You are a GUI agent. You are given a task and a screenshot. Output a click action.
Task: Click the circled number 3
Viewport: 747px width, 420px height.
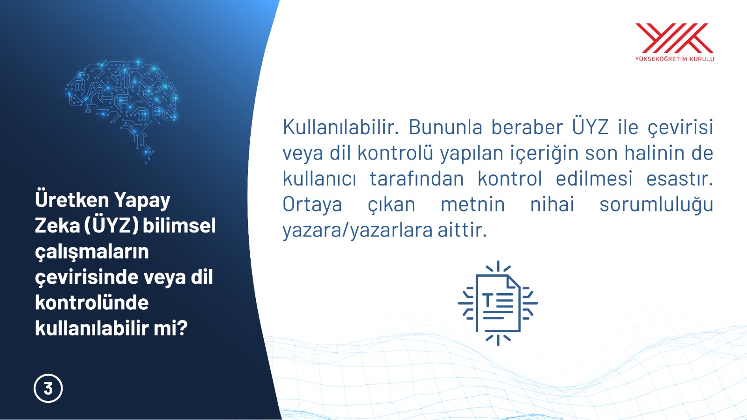click(x=48, y=388)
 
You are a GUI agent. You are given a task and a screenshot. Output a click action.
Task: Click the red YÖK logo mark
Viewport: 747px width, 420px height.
click(x=674, y=38)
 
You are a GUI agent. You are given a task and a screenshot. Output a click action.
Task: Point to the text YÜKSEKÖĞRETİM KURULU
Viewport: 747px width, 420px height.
click(x=674, y=59)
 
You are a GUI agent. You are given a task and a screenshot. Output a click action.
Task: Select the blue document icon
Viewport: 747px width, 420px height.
click(x=498, y=303)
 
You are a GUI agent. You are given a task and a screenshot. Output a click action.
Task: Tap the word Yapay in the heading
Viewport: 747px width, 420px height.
click(x=142, y=200)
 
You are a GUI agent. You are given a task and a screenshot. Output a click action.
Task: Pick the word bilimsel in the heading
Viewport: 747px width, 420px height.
click(x=179, y=225)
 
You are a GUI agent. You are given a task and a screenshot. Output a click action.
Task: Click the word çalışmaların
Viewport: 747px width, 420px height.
click(x=92, y=252)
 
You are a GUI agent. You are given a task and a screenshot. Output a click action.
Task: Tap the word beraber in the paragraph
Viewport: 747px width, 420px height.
click(x=527, y=127)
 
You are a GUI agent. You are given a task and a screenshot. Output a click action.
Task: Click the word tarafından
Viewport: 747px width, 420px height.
click(x=417, y=179)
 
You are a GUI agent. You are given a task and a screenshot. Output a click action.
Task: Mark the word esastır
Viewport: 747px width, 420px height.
click(x=680, y=179)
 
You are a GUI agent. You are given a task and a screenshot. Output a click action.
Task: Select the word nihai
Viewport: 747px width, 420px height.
click(x=552, y=204)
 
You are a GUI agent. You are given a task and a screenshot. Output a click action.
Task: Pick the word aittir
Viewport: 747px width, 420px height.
click(x=462, y=230)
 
